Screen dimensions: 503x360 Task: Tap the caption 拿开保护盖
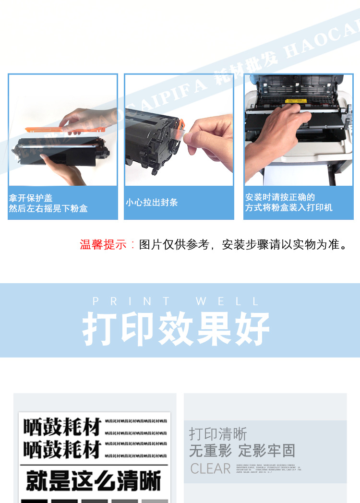31,198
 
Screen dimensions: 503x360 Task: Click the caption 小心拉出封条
152,203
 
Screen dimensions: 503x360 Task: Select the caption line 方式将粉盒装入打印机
288,208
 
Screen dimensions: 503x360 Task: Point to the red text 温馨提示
103,245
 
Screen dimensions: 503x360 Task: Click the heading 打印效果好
176,330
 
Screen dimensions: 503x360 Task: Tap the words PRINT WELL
176,301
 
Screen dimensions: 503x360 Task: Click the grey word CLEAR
210,468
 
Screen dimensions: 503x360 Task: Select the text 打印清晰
217,434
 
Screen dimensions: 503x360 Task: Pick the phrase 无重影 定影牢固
242,451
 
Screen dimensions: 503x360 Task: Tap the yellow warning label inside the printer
294,102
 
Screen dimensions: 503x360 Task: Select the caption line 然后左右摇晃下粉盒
48,209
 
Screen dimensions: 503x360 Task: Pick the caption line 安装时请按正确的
280,197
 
